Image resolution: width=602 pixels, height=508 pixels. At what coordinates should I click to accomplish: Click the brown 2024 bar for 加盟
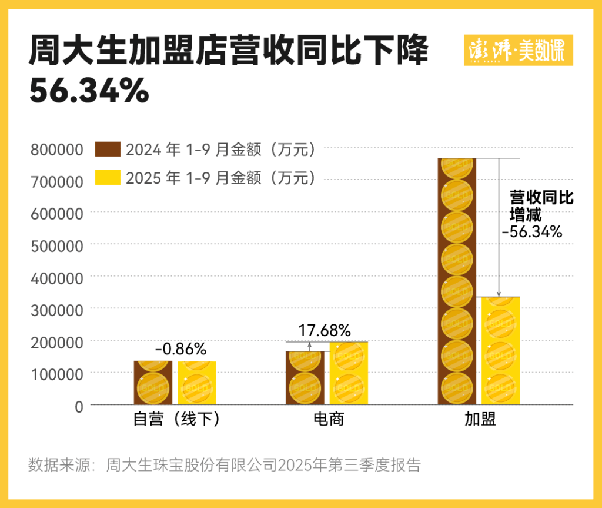(x=457, y=281)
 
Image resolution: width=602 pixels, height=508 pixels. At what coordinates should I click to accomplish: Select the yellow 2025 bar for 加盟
(x=501, y=351)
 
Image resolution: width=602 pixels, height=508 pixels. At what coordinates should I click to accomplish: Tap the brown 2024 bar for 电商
(x=305, y=378)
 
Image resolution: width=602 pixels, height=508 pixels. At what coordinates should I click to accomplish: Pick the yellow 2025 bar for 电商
(x=349, y=373)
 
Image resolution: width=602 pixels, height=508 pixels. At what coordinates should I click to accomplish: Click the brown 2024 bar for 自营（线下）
(x=153, y=383)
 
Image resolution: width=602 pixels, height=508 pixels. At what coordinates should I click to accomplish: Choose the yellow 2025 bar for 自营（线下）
(x=197, y=383)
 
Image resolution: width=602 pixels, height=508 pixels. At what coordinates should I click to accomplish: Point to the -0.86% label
(x=180, y=349)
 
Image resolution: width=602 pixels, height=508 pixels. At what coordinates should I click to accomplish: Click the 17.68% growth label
(x=325, y=330)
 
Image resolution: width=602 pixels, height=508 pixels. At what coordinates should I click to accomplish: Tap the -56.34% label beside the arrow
(x=532, y=232)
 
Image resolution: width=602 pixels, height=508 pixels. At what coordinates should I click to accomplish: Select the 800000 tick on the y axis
(x=57, y=150)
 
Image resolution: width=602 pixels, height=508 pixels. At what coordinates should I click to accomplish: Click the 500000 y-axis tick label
(x=57, y=245)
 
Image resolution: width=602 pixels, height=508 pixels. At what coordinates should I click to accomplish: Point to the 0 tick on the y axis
(x=79, y=405)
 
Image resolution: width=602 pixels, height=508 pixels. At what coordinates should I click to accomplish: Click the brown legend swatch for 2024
(x=108, y=150)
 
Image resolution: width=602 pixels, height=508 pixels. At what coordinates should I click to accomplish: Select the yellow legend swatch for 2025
(x=108, y=177)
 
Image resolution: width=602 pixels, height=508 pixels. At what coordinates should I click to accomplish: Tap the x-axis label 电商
(x=327, y=420)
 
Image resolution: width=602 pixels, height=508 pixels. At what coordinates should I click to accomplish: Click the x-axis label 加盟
(x=480, y=420)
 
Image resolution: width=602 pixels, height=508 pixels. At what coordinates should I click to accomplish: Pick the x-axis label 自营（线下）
(x=176, y=420)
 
